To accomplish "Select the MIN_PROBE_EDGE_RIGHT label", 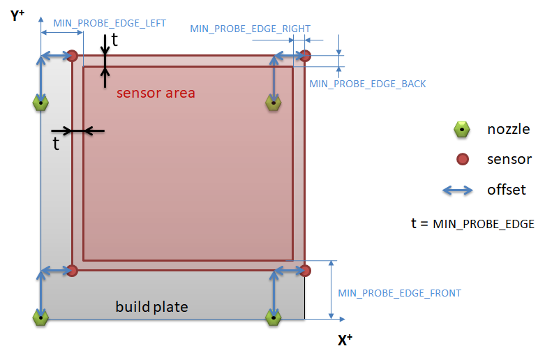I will point(250,29).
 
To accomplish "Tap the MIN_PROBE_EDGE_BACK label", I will point(367,84).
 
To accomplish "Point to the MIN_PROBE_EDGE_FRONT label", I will point(399,293).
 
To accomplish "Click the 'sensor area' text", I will point(156,93).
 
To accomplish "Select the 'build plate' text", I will point(151,307).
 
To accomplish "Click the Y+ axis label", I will point(18,15).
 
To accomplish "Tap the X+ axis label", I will point(345,340).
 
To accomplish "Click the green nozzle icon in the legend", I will point(461,129).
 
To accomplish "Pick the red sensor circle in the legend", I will point(461,160).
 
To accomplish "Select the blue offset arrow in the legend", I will point(461,190).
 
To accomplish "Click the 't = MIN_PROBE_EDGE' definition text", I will point(472,224).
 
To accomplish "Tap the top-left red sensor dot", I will point(72,56).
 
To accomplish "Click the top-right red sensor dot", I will point(305,56).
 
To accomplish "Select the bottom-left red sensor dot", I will point(72,270).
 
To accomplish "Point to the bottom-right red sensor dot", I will point(305,270).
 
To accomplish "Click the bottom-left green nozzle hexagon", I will point(41,317).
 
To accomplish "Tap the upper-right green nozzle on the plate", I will point(274,103).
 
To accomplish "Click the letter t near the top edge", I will point(115,40).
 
